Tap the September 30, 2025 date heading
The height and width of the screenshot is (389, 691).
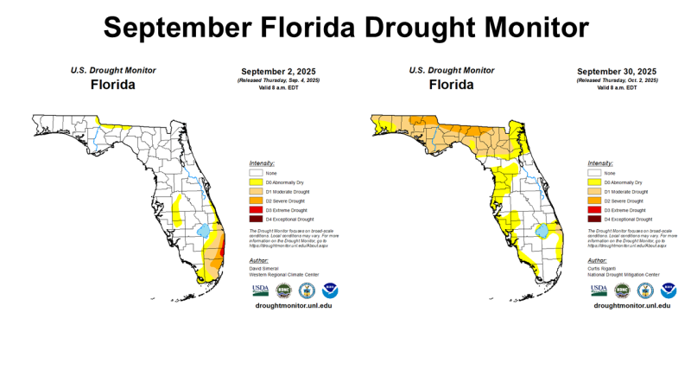click(616, 71)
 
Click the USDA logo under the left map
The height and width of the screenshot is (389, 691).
click(260, 290)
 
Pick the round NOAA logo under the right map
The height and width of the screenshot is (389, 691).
click(668, 290)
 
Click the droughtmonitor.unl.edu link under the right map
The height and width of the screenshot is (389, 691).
click(629, 306)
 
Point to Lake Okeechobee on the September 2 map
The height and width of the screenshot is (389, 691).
click(205, 233)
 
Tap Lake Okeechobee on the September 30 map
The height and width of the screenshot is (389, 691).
click(543, 233)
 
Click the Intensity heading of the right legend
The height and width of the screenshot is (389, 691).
click(600, 163)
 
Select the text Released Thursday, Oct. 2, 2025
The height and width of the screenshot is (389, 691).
click(616, 80)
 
